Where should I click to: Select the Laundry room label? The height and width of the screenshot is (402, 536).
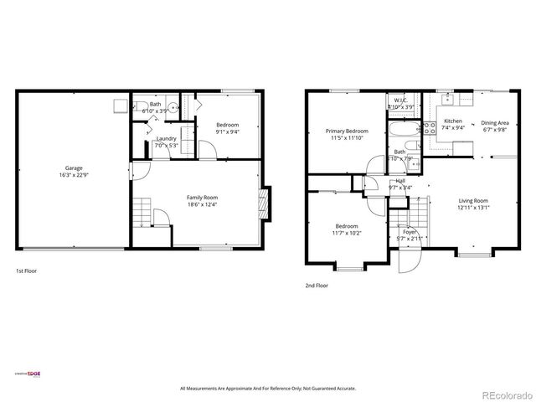[166, 138]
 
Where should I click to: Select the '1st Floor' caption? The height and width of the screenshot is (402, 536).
[26, 271]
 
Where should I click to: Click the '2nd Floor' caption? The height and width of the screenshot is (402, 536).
[317, 286]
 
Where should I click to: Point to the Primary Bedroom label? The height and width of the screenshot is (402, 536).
[346, 131]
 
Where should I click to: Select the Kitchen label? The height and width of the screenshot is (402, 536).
[452, 121]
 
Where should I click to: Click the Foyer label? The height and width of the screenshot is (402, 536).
[409, 232]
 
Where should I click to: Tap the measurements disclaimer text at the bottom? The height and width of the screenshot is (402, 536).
[268, 389]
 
